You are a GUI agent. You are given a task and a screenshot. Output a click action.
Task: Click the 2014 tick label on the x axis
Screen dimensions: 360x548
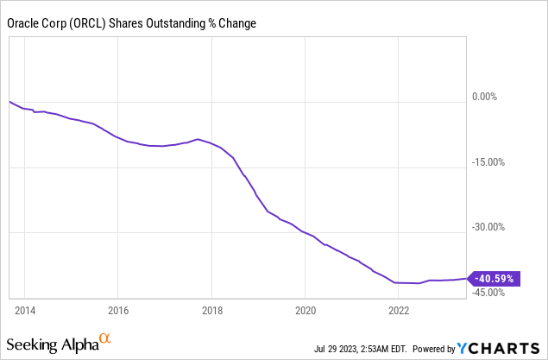coord(24,308)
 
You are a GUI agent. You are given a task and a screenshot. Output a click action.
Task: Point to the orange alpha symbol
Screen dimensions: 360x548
coord(104,339)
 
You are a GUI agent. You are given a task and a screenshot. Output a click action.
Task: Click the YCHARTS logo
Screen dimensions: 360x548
coord(500,348)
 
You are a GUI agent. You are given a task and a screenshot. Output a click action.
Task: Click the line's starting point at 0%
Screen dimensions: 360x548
coord(9,102)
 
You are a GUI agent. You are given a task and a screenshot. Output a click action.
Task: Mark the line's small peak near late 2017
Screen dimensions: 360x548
coord(198,139)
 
